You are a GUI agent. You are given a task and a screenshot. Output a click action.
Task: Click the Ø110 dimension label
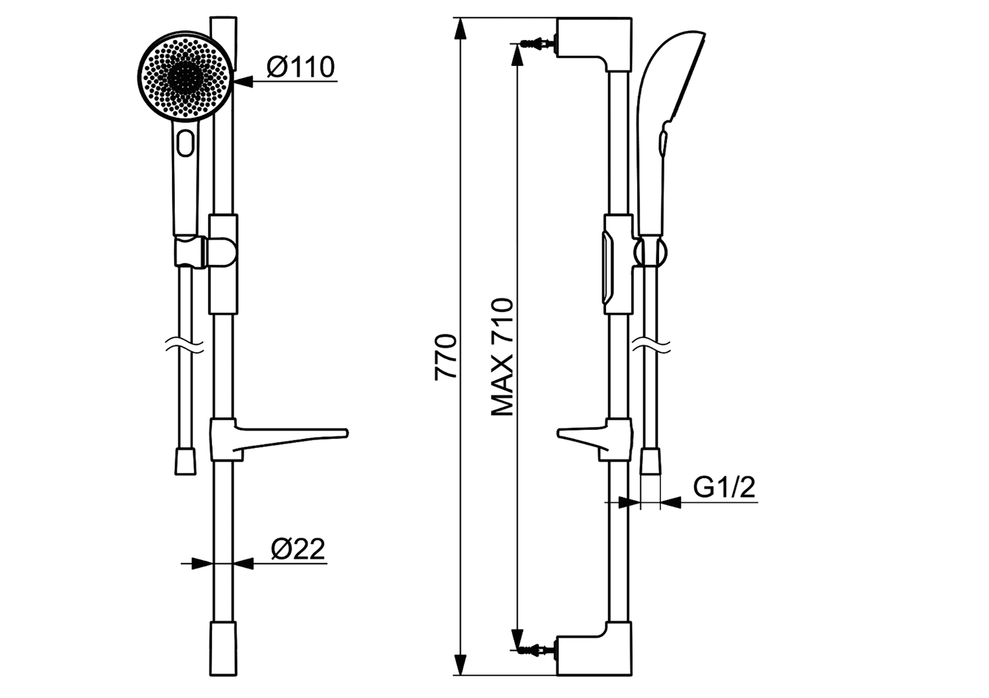click(300, 68)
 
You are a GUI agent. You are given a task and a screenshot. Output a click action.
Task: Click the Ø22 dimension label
click(297, 550)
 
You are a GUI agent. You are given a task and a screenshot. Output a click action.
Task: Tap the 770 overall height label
click(447, 358)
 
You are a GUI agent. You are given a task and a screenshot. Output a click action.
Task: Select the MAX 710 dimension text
click(502, 358)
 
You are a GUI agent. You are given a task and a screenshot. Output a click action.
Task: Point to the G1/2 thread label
click(724, 488)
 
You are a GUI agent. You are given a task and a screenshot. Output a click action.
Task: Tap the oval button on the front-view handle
click(185, 143)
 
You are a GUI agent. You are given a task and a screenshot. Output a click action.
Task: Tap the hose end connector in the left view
click(185, 462)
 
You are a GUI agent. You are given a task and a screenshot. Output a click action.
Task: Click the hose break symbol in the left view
click(186, 347)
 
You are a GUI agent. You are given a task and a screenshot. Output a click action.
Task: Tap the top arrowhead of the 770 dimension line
click(460, 28)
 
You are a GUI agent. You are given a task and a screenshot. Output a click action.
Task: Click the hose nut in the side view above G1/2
click(650, 461)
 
